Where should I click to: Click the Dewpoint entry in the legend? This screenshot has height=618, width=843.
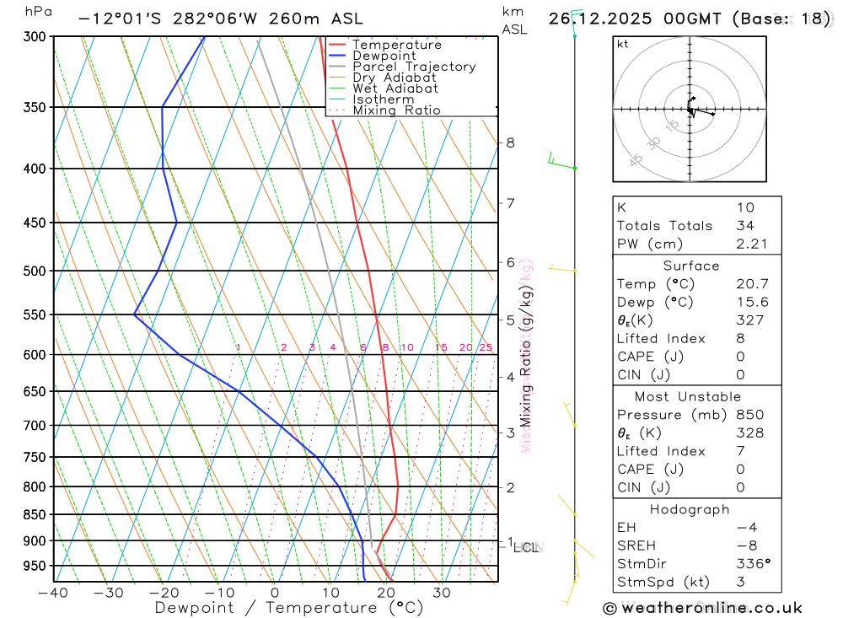pyautogui.click(x=384, y=56)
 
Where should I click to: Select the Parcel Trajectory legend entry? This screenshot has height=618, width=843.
pyautogui.click(x=414, y=67)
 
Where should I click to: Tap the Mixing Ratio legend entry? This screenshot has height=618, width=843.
pyautogui.click(x=396, y=110)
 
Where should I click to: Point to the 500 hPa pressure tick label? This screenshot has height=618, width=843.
pyautogui.click(x=36, y=271)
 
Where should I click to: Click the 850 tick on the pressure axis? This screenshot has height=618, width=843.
pyautogui.click(x=36, y=514)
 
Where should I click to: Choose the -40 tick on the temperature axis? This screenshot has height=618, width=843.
pyautogui.click(x=53, y=593)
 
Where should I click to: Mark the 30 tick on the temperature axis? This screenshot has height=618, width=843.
pyautogui.click(x=442, y=593)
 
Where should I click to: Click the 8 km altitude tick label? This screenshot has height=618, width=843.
pyautogui.click(x=510, y=142)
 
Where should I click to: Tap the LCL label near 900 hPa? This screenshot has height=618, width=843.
pyautogui.click(x=525, y=548)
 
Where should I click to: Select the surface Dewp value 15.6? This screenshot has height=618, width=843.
pyautogui.click(x=750, y=302)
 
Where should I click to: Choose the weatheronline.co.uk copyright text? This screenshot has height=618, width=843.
pyautogui.click(x=703, y=608)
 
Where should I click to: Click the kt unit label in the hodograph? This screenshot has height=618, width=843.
pyautogui.click(x=622, y=45)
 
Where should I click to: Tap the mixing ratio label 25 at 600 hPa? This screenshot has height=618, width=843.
pyautogui.click(x=486, y=347)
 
